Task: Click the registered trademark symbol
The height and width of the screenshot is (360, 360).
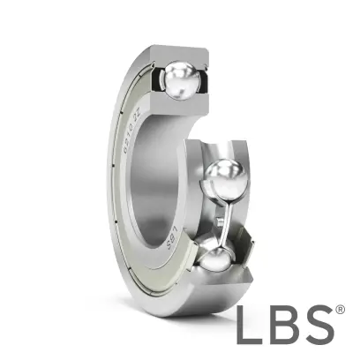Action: click(x=340, y=311)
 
